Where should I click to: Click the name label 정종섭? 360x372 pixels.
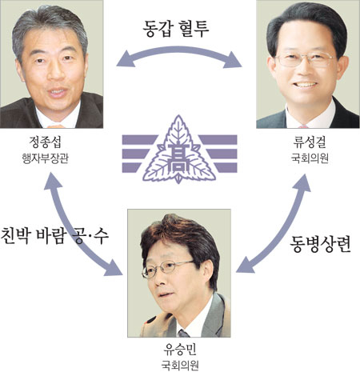click(45, 142)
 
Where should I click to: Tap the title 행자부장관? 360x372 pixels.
click(45, 158)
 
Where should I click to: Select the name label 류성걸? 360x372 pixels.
click(310, 142)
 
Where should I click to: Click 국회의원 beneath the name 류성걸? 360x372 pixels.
click(310, 158)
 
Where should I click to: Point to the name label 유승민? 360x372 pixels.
click(180, 350)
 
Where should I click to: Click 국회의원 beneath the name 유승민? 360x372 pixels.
click(180, 366)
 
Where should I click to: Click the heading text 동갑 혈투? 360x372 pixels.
click(176, 29)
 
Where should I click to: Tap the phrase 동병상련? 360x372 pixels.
click(320, 244)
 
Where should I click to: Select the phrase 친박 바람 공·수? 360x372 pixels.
click(54, 236)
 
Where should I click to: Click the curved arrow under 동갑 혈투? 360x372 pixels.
click(179, 50)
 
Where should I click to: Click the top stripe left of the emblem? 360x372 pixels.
click(139, 139)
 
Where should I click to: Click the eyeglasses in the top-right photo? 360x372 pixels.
click(306, 59)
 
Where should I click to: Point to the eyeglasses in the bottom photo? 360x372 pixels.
click(167, 267)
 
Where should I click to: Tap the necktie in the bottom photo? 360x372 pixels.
click(184, 334)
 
